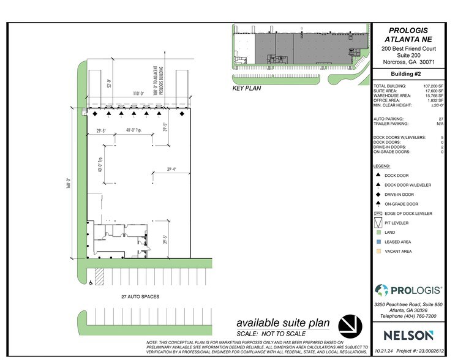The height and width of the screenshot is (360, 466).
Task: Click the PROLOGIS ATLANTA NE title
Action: (x=409, y=34)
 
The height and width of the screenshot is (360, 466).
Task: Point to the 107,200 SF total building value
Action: (x=432, y=86)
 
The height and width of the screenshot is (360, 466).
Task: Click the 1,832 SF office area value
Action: (x=435, y=100)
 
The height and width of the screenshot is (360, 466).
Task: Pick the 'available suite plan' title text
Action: (x=283, y=323)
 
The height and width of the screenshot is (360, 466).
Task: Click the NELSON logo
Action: (x=408, y=335)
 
